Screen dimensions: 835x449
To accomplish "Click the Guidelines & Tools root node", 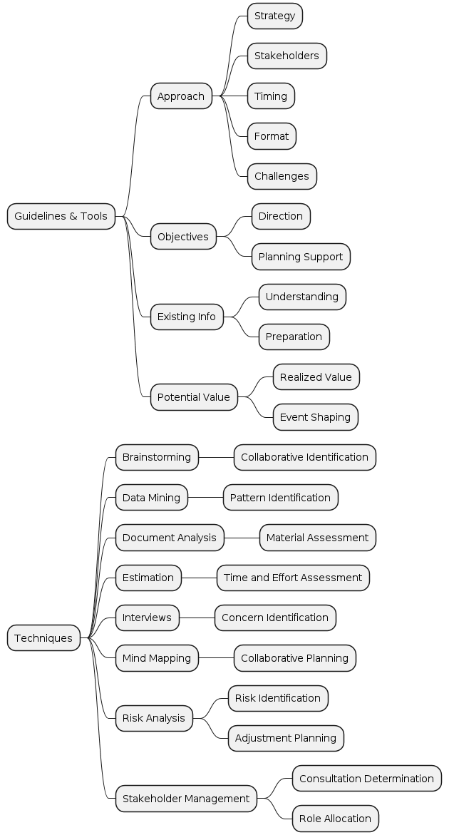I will click(61, 216).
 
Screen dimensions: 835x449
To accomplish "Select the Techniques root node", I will click(43, 638).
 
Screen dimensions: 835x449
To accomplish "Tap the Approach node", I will click(181, 96).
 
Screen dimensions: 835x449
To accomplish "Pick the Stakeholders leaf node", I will click(287, 56).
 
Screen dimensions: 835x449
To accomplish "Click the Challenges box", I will click(282, 176).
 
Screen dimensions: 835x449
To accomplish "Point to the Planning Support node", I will click(301, 257).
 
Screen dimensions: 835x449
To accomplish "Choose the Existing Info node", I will click(187, 317).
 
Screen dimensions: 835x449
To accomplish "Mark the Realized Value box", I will click(316, 377).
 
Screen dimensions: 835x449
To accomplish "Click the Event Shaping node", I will click(315, 417).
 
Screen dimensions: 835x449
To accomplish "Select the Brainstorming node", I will click(157, 457).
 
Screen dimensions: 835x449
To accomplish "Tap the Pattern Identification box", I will click(280, 498).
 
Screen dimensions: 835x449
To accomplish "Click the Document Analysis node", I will click(170, 538).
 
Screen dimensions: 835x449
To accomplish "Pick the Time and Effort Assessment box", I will click(293, 578).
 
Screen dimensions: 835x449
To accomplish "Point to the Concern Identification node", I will click(275, 618).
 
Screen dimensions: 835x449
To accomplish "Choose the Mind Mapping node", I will click(157, 658).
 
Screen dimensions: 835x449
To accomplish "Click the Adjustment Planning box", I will click(286, 738).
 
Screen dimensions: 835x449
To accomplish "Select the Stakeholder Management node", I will click(186, 799).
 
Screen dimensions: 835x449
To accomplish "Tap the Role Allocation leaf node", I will click(335, 819).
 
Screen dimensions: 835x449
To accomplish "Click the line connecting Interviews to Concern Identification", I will click(197, 618).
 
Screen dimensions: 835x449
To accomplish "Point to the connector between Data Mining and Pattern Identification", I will click(205, 498).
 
